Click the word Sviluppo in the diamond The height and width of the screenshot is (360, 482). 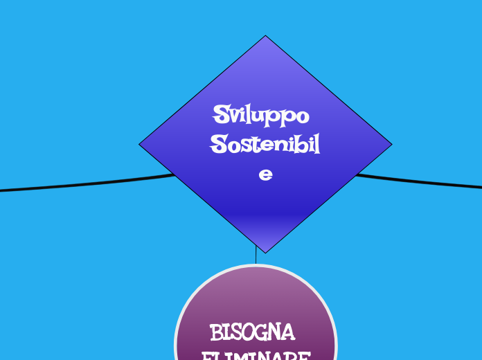[261, 114]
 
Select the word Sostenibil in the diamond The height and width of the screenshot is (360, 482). [265, 145]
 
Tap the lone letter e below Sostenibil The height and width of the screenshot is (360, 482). [265, 175]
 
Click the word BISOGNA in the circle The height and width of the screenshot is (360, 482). [253, 332]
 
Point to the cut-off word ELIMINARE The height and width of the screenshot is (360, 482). [256, 355]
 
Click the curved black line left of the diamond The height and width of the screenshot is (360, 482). [83, 185]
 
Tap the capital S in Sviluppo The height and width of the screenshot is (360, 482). [222, 113]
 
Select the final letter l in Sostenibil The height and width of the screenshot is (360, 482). [316, 145]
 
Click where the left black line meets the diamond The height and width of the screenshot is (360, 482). [173, 174]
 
